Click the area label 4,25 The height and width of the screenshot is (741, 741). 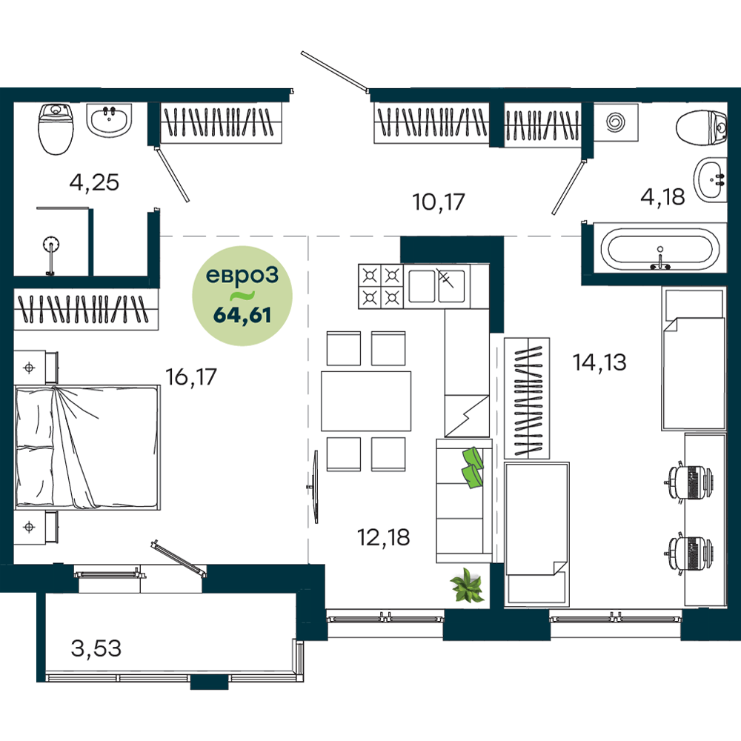(x=94, y=182)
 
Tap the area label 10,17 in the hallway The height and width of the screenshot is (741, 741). (x=439, y=202)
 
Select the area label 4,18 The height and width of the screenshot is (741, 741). (x=662, y=196)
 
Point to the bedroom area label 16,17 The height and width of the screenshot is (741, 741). (x=191, y=377)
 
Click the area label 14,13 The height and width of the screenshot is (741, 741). (x=599, y=362)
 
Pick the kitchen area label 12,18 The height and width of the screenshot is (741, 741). (x=383, y=537)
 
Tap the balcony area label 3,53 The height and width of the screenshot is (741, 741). (x=96, y=648)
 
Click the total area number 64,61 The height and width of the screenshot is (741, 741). (x=242, y=315)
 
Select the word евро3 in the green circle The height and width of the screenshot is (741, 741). (x=242, y=276)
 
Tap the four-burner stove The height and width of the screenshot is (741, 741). (x=381, y=286)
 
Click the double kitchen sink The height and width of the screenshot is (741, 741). (x=436, y=286)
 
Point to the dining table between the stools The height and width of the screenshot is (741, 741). (x=366, y=401)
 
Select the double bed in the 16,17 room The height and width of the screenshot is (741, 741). (x=87, y=448)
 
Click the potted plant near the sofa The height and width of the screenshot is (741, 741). (x=467, y=585)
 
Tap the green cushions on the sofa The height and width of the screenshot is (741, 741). (x=472, y=468)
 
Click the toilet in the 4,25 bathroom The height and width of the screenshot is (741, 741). (x=56, y=128)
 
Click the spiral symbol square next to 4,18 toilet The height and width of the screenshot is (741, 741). (x=616, y=123)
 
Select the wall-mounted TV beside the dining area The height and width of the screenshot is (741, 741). (x=315, y=487)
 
